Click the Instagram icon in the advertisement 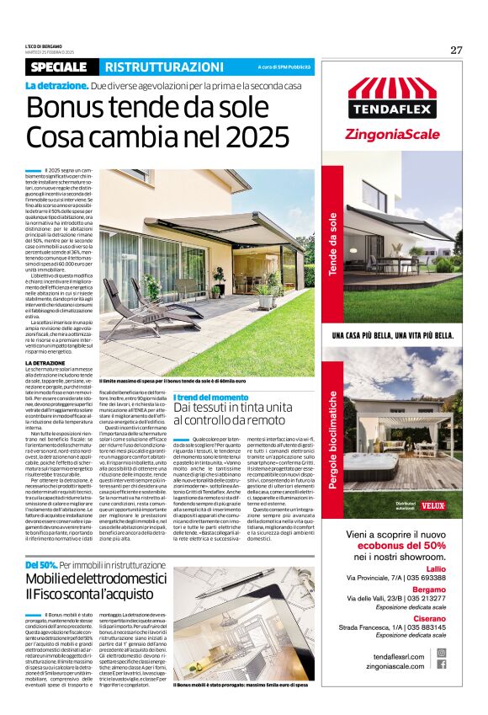(x=442, y=652)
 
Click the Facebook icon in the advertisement (x=442, y=664)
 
